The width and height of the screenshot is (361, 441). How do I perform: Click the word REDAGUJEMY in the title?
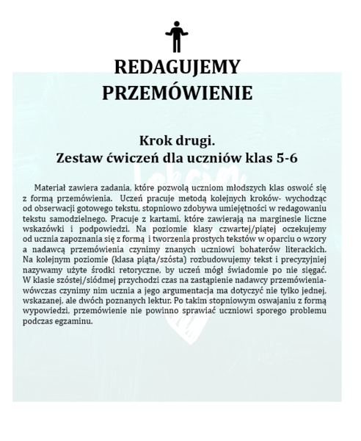pos(177,68)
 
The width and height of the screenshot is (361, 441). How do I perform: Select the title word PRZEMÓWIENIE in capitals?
pos(177,93)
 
